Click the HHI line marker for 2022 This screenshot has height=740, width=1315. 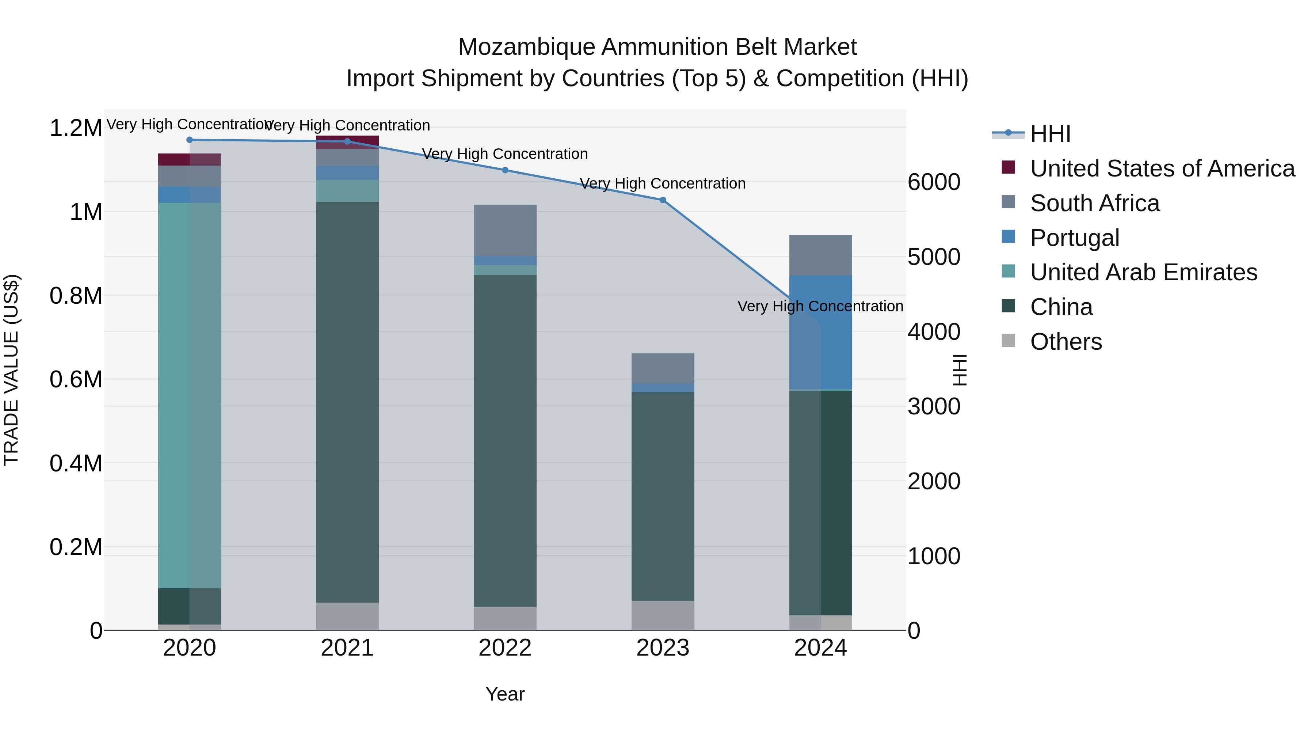(x=505, y=170)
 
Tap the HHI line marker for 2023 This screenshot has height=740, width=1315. (x=663, y=200)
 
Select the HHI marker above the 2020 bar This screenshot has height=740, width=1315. (x=189, y=140)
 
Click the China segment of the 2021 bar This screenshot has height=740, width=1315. (x=347, y=402)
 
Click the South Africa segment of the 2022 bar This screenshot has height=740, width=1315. (x=505, y=230)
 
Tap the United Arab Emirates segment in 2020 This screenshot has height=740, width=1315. (x=189, y=395)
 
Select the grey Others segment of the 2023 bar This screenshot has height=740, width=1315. (x=663, y=615)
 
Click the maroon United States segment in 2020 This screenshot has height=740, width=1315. (x=189, y=159)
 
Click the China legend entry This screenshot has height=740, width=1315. (x=1061, y=307)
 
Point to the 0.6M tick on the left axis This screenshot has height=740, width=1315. (x=76, y=379)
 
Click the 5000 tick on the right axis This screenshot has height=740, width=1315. (x=934, y=257)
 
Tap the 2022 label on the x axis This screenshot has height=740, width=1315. (x=505, y=648)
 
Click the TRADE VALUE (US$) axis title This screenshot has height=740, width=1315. (x=11, y=370)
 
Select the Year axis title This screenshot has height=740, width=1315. (x=505, y=694)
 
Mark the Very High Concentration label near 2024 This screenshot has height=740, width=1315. (x=820, y=307)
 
